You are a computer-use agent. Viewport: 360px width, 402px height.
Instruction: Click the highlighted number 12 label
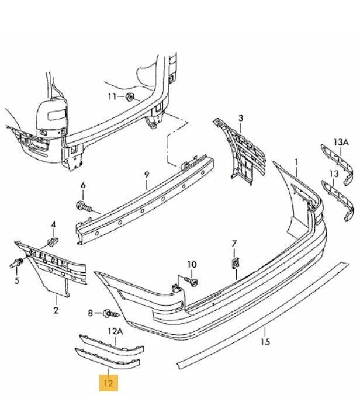tap(109, 383)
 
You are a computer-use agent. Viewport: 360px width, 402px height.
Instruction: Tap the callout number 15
tap(265, 342)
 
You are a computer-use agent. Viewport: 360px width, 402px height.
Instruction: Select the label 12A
tap(115, 332)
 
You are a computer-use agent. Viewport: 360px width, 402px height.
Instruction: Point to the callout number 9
tap(146, 174)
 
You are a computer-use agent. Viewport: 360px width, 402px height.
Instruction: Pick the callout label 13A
tap(341, 142)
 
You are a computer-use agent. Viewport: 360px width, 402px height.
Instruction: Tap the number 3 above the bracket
tap(240, 118)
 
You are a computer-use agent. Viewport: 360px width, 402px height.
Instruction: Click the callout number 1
tap(296, 161)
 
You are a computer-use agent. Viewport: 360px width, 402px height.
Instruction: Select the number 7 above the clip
tap(234, 243)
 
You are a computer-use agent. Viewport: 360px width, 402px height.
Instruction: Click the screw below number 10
tap(191, 282)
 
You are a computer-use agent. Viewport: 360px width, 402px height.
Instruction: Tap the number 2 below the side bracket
tap(56, 310)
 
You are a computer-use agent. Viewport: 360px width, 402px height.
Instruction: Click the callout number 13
tap(333, 174)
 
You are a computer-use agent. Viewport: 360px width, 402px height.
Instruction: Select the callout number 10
tap(192, 265)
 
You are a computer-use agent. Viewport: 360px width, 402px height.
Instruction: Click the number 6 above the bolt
tap(83, 185)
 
